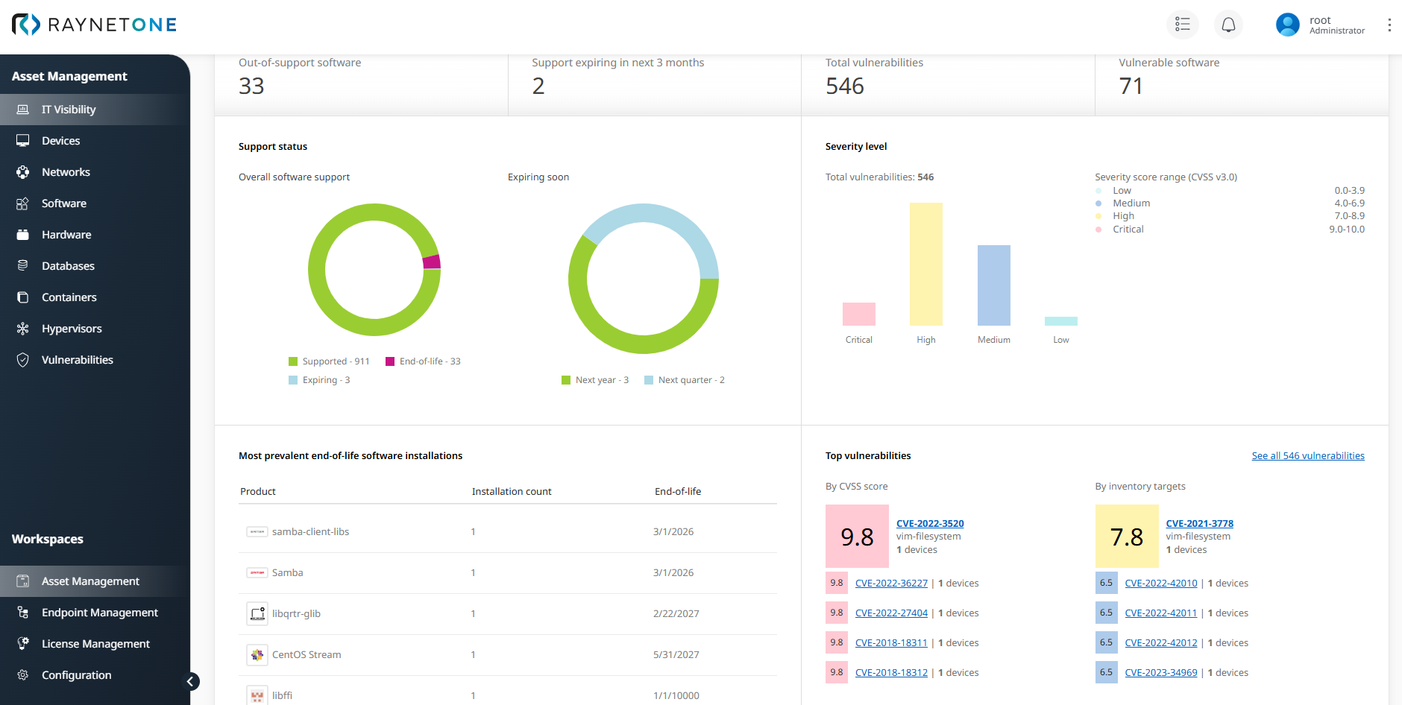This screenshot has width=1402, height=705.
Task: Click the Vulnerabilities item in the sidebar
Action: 77,360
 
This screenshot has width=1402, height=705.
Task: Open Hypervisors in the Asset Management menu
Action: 72,329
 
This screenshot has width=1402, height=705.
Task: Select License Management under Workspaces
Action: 95,644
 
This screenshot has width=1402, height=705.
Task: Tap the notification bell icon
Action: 1228,25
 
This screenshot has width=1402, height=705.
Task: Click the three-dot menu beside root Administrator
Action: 1389,25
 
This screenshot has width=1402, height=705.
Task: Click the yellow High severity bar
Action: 925,264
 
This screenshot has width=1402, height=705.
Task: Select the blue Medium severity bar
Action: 993,285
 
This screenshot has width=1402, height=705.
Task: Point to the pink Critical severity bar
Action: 858,314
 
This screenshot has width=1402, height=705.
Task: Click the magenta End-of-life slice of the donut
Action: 432,262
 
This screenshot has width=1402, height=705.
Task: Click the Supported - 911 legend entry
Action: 329,361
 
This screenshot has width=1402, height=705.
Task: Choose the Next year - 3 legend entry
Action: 595,380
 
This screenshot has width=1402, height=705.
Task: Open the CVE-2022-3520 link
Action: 929,524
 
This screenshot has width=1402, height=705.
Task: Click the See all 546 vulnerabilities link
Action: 1307,456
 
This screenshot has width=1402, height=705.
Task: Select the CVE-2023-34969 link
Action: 1160,673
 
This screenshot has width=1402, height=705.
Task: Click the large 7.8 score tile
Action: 1126,537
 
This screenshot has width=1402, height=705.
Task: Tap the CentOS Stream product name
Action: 307,655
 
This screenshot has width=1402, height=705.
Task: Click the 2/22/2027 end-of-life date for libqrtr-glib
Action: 676,614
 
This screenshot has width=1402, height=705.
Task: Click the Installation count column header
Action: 512,492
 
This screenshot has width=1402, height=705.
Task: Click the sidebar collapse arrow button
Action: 191,681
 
